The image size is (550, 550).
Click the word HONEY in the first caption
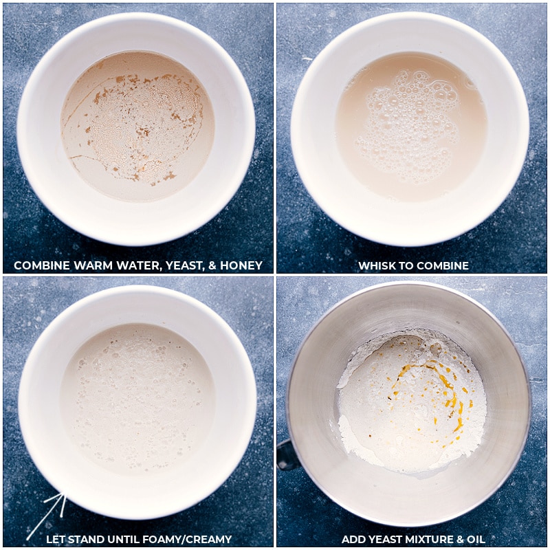[x=241, y=265]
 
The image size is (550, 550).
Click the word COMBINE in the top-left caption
[x=42, y=265]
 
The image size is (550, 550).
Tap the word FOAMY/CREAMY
[x=190, y=539]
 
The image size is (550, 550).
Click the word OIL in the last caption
[x=476, y=539]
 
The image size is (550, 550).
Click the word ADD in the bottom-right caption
[x=352, y=539]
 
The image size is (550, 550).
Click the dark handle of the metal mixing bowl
[x=287, y=454]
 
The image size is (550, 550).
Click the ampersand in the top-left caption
[x=212, y=265]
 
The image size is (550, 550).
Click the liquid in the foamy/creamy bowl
[x=137, y=397]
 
